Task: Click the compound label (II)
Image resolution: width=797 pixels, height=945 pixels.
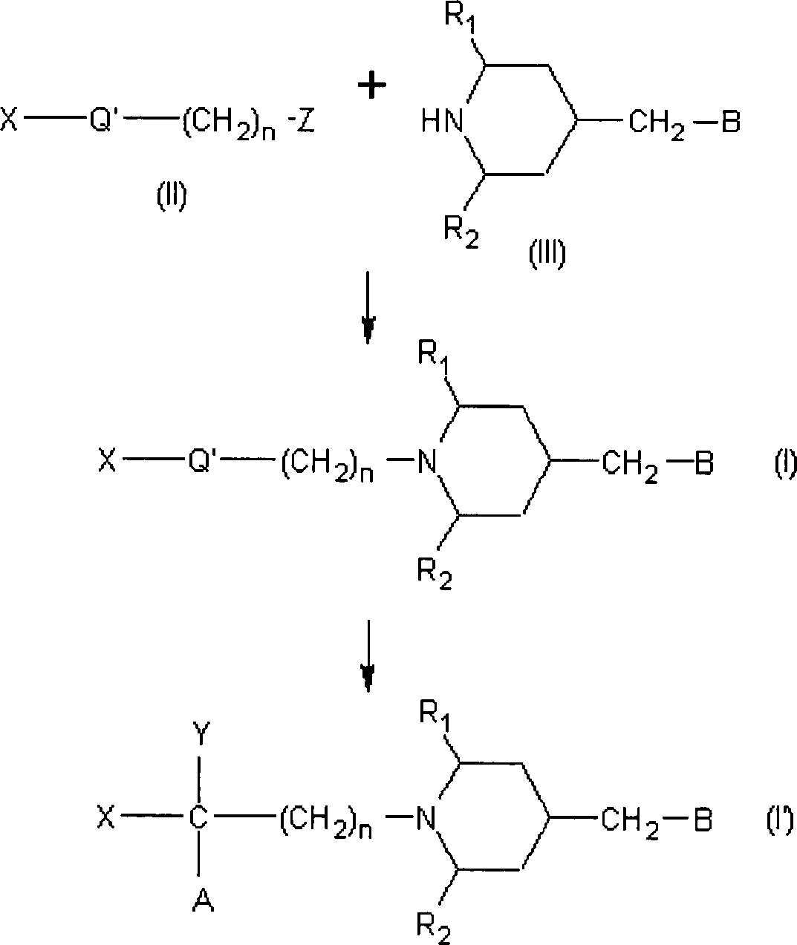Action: pos(171,197)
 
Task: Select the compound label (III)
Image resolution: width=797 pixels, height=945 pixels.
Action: pos(547,255)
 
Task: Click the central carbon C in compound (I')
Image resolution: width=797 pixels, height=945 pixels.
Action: pos(198,819)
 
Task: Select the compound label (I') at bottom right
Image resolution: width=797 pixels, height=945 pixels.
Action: pos(781,820)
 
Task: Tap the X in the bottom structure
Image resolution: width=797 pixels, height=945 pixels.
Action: pos(106,819)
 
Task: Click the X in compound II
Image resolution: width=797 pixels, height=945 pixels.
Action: pos(9,120)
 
